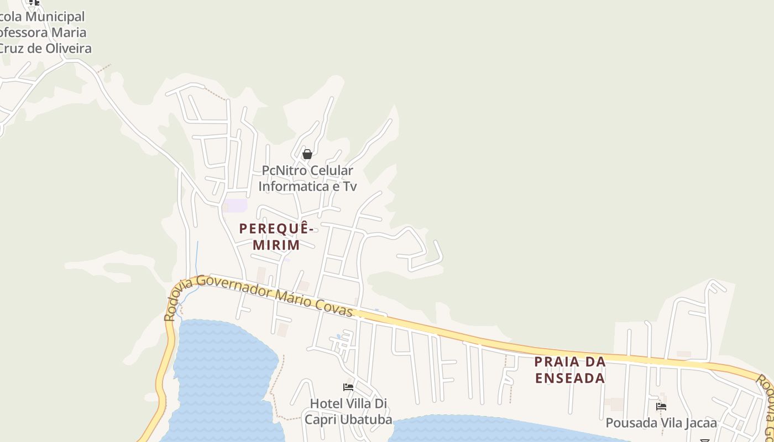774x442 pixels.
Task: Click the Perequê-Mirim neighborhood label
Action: [x=276, y=236]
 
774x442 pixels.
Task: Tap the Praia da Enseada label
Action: [x=570, y=370]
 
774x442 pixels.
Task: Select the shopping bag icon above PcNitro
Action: [x=307, y=154]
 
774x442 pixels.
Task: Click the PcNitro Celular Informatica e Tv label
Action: [x=307, y=178]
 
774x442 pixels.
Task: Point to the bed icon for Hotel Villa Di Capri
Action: [x=348, y=387]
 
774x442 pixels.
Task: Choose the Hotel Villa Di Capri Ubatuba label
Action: [x=348, y=412]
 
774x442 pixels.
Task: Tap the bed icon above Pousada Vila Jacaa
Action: [x=661, y=407]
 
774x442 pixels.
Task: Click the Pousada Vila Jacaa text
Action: [x=661, y=423]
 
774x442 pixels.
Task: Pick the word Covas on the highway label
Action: [x=335, y=307]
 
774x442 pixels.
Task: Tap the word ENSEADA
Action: [x=570, y=378]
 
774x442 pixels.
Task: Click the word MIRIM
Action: [x=276, y=245]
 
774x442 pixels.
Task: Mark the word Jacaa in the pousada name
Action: [x=700, y=423]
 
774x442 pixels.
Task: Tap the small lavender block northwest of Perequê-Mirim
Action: [x=236, y=206]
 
